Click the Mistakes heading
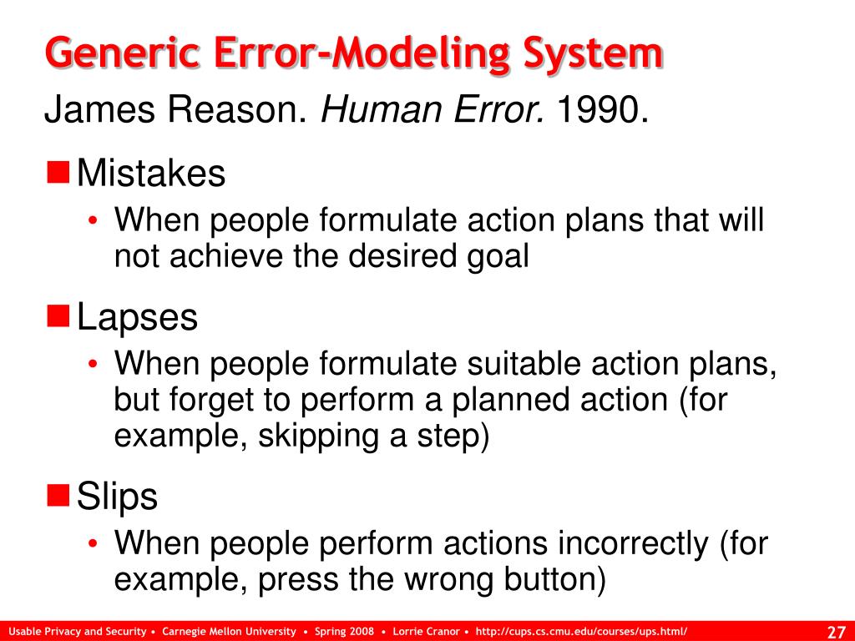point(151,174)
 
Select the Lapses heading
point(137,318)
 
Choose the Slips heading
point(117,497)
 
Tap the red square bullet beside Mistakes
point(58,172)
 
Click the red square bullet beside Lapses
point(58,315)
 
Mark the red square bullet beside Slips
point(58,495)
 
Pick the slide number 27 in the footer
point(836,630)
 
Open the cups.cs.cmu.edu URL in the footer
point(581,631)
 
